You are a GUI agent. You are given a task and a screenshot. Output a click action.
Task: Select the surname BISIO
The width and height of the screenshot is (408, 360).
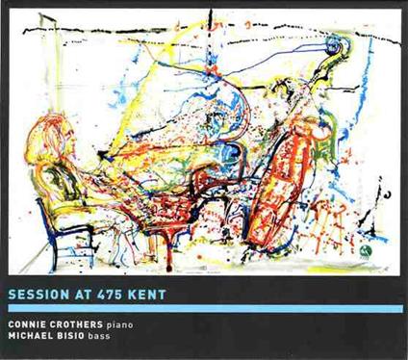[x=79, y=338]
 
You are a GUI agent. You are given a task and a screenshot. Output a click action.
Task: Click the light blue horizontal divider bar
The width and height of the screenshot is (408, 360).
[x=203, y=308]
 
